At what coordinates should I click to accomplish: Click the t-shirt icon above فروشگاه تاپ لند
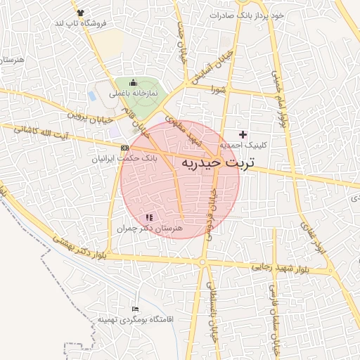(79, 13)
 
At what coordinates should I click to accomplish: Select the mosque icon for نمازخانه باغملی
(133, 83)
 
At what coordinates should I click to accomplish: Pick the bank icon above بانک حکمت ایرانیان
(125, 148)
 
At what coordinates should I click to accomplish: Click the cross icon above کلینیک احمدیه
(243, 134)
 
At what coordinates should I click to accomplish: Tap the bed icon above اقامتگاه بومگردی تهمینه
(136, 309)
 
